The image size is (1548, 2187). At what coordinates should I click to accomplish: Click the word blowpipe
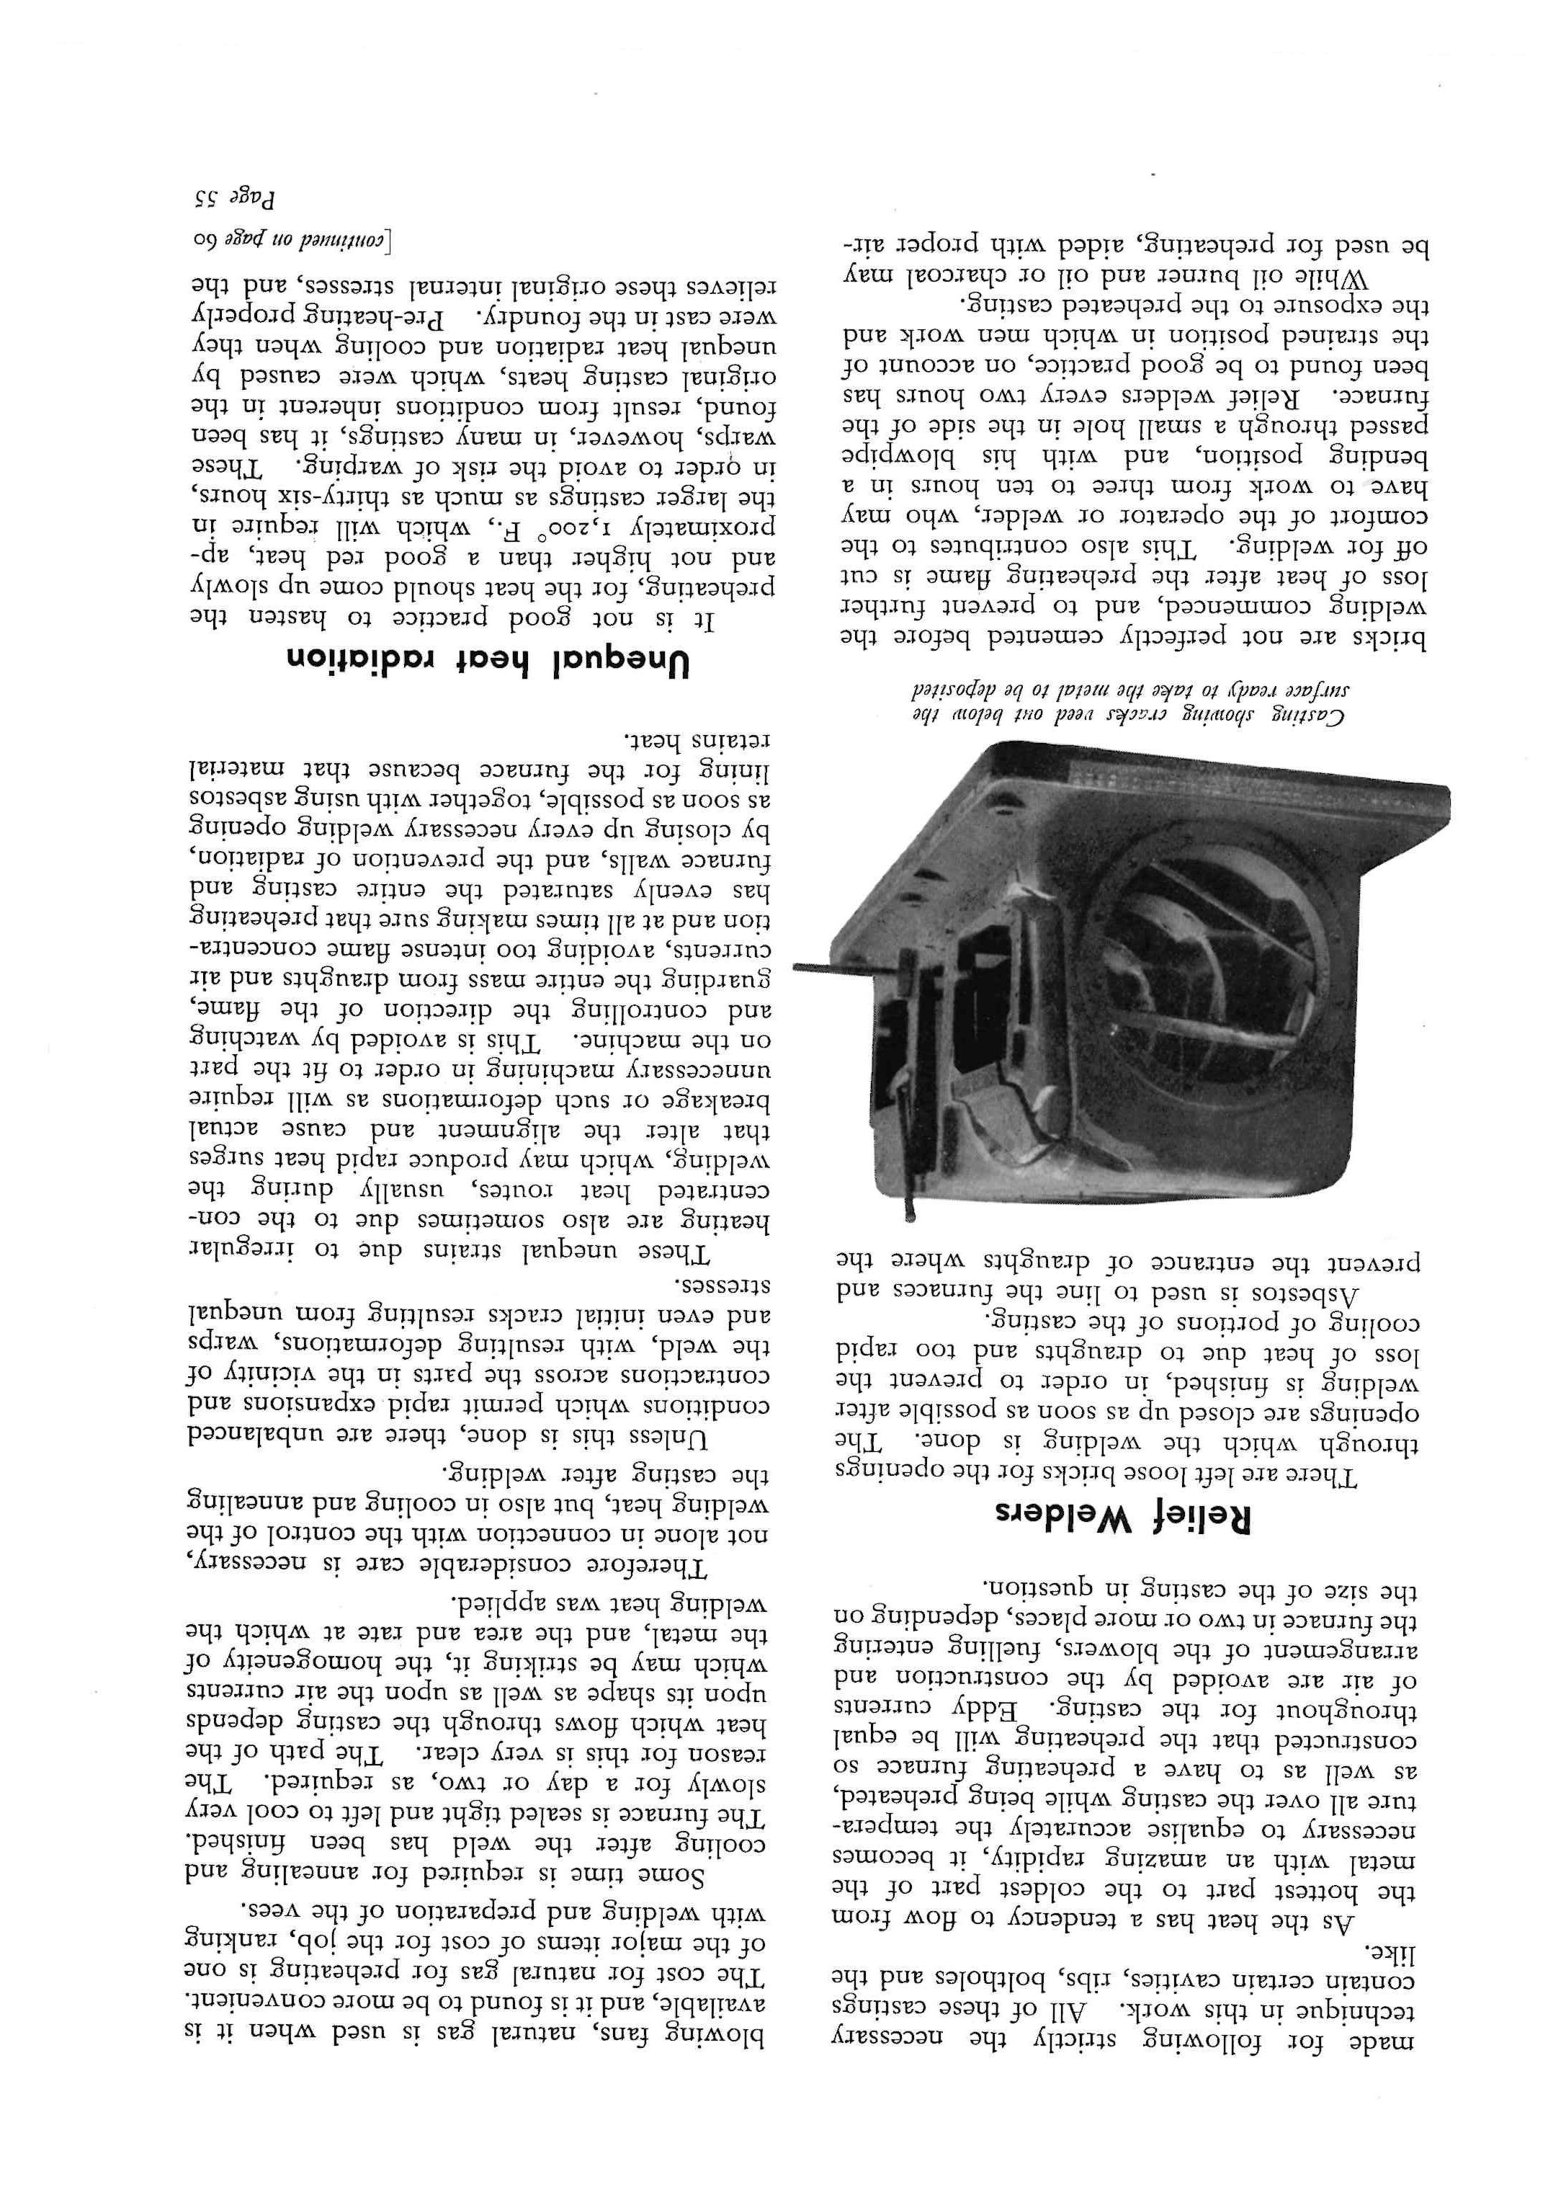click(890, 449)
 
